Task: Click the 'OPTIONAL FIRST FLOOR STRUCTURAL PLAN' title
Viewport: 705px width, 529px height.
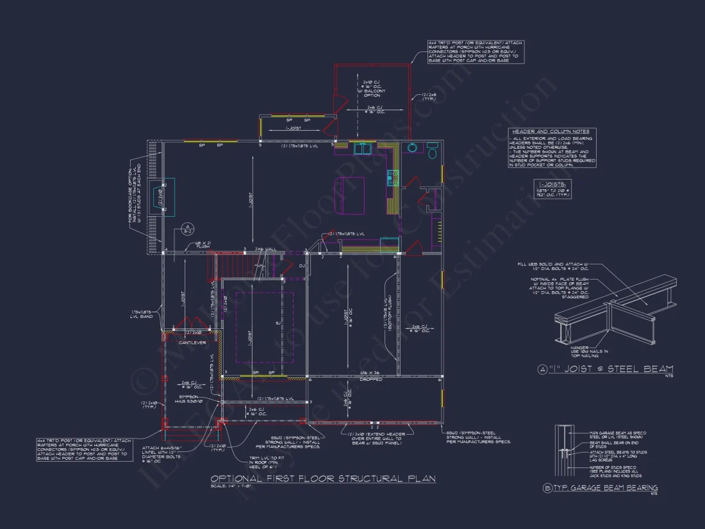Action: point(323,479)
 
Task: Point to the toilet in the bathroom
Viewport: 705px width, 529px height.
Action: point(433,152)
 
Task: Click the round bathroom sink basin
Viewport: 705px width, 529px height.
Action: point(412,147)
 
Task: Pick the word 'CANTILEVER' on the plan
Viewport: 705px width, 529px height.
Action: point(193,342)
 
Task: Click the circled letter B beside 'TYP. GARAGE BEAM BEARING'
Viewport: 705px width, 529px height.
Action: point(547,489)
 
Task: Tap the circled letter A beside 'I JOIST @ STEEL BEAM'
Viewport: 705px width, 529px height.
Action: point(543,369)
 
